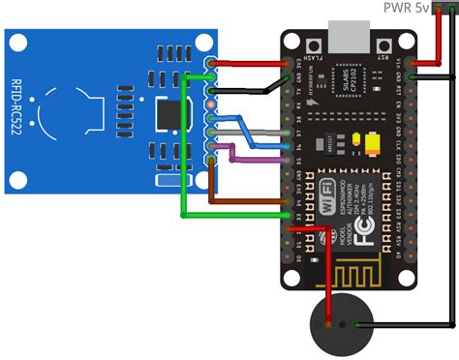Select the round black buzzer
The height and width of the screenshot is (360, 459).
336,326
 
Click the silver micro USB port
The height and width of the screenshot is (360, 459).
346,39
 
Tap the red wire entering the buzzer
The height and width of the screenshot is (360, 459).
328,281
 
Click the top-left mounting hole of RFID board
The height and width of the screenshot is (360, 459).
17,44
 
